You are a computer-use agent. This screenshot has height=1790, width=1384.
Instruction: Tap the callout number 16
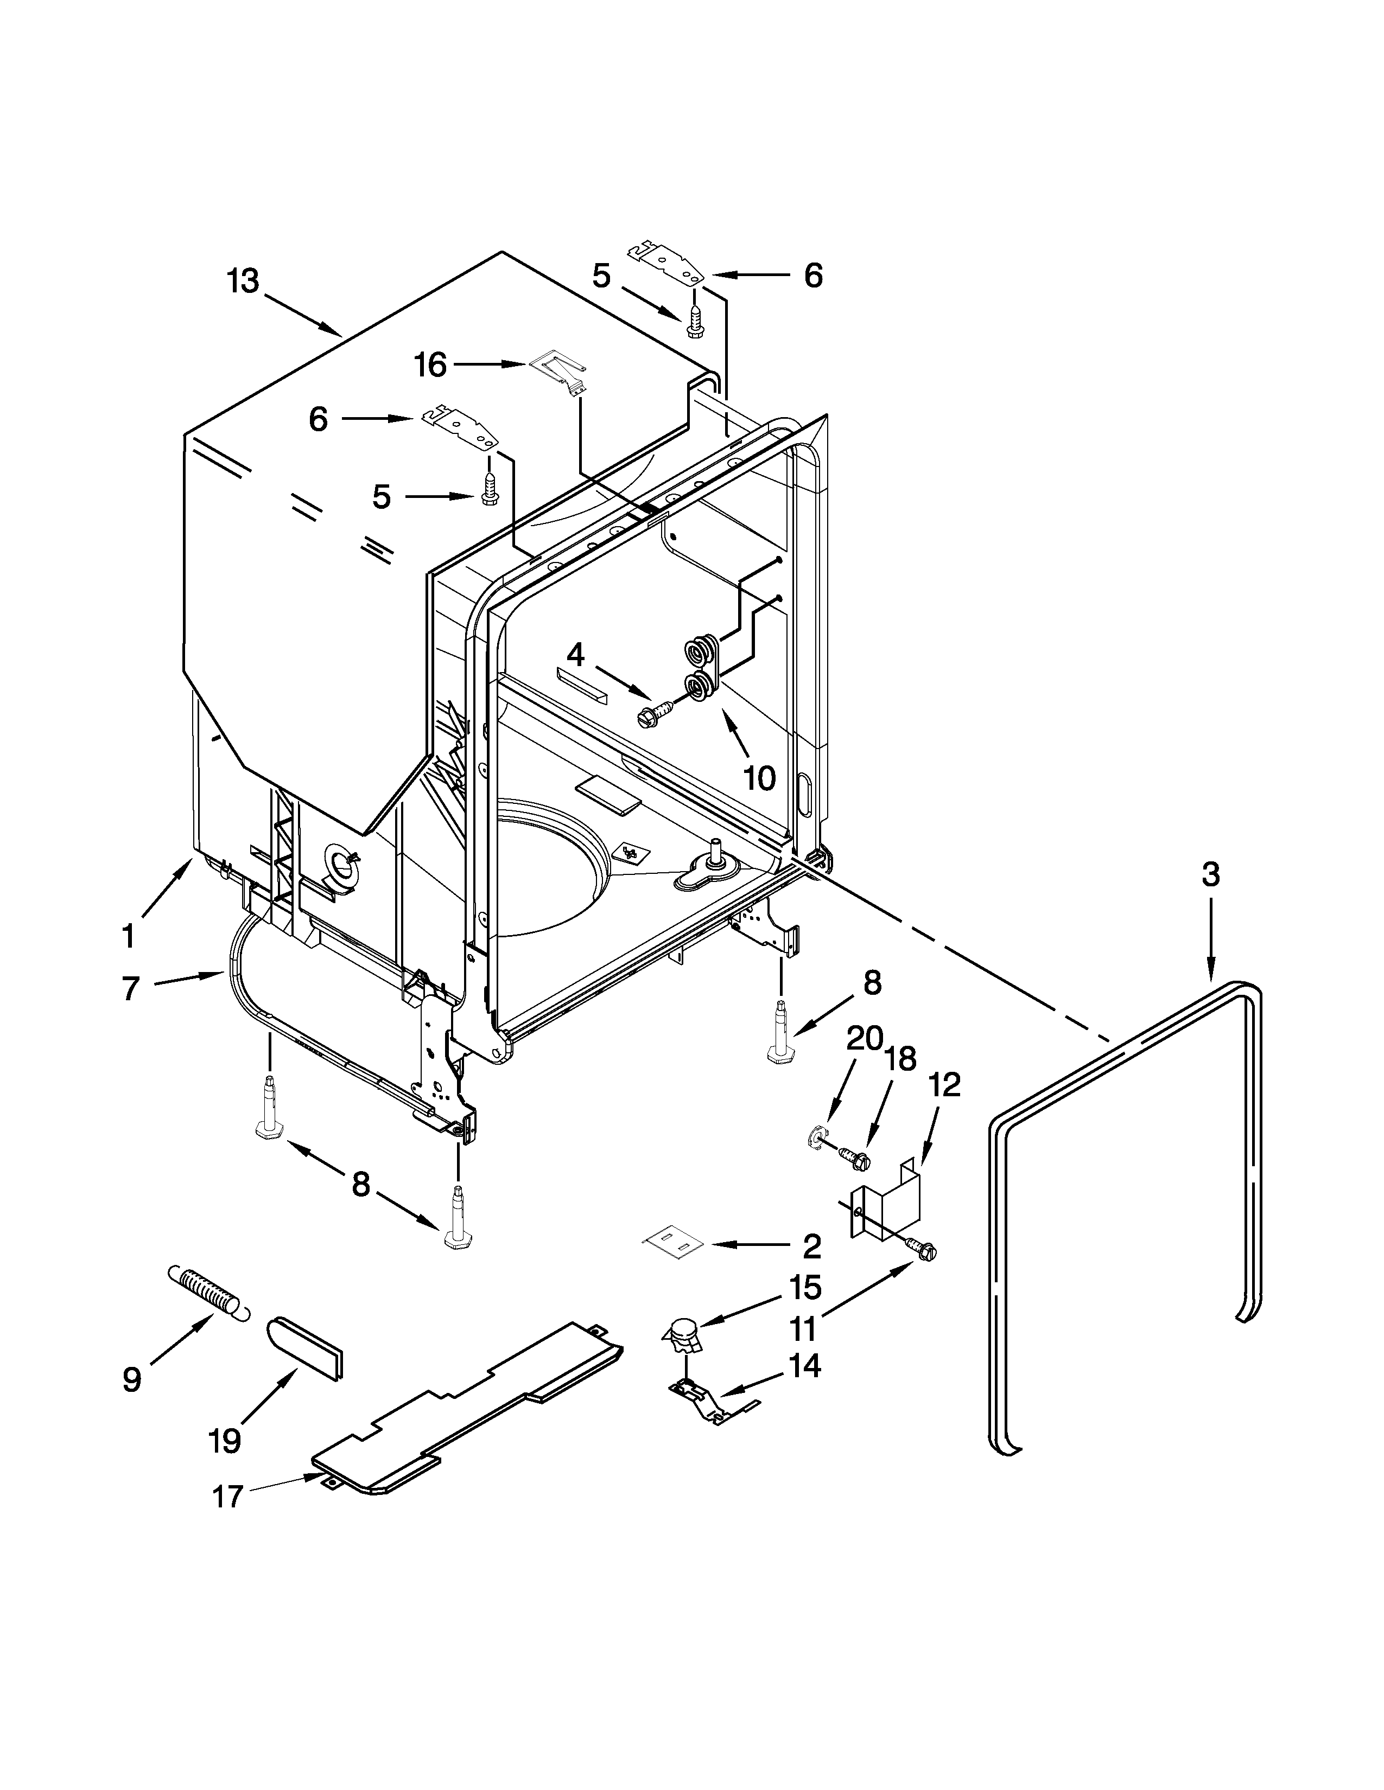tap(430, 366)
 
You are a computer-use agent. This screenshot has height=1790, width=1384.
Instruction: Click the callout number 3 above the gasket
tap(1210, 875)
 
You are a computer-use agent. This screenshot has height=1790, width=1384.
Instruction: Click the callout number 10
tap(759, 778)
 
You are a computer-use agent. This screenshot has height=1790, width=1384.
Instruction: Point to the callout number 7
tap(131, 988)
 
